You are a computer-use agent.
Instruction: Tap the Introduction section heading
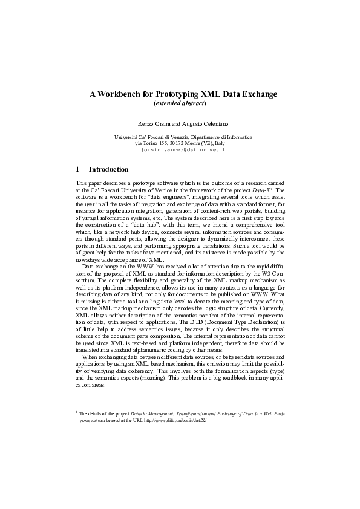(108, 170)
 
